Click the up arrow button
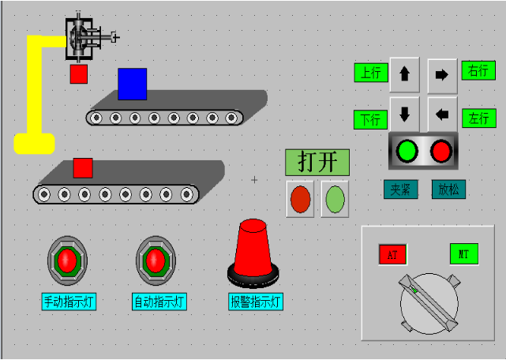click(405, 74)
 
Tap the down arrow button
click(405, 114)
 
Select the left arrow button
click(442, 114)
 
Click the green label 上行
click(370, 73)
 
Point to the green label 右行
click(479, 70)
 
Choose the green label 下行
click(370, 121)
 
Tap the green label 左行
click(478, 118)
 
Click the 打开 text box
click(317, 162)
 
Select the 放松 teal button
click(448, 189)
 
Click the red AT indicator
click(392, 254)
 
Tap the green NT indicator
click(464, 253)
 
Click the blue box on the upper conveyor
click(132, 84)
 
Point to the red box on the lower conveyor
click(83, 168)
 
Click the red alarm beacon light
click(253, 251)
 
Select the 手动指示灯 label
click(69, 302)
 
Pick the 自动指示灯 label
click(159, 302)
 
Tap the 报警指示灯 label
click(256, 302)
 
